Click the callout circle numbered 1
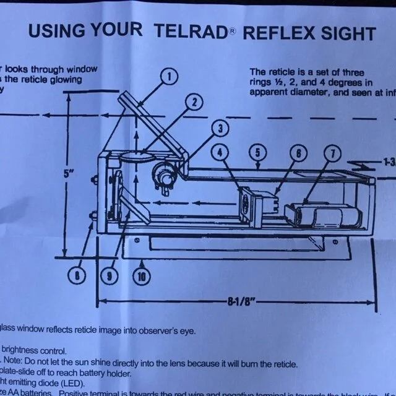coord(168,77)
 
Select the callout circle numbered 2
coord(194,101)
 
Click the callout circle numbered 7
coord(332,152)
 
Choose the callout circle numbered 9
coord(110,276)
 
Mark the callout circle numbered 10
coord(142,277)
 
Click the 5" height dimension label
coord(69,174)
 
